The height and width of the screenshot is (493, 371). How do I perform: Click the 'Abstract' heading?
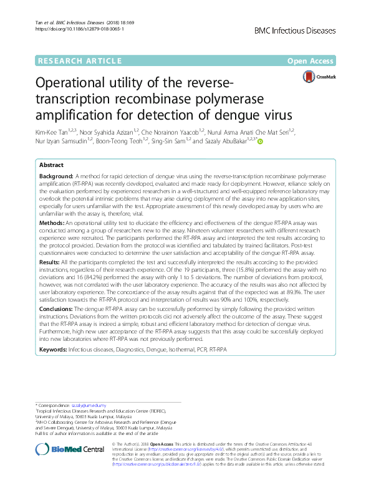coord(51,165)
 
